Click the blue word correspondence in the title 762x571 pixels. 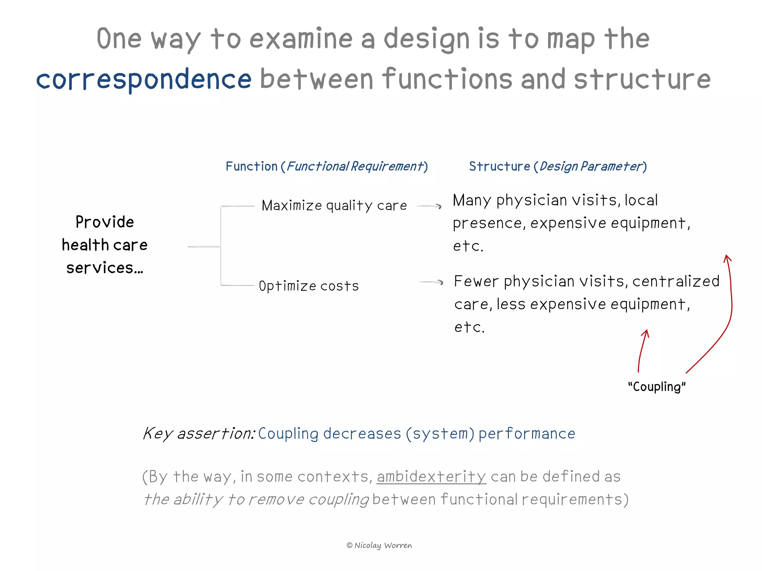coord(144,79)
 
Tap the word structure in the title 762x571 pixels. coord(642,79)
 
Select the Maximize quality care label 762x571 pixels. coord(334,206)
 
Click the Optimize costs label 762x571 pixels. coord(309,286)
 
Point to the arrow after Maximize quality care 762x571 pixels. coord(429,206)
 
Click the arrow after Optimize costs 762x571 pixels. coord(431,282)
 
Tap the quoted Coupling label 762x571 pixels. coord(657,387)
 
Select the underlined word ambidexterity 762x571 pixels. coord(431,477)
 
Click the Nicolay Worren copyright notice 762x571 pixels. coord(380,545)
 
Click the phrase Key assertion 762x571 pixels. coord(199,433)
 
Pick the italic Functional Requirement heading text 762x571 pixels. coord(355,166)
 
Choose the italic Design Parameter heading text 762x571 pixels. coord(591,166)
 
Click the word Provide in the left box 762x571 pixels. coord(105,222)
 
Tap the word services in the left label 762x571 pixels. coord(100,268)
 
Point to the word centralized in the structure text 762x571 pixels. coord(676,281)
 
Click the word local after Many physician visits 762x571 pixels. coord(641,200)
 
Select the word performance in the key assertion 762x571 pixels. coord(527,434)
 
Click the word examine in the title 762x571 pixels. coord(301,38)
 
